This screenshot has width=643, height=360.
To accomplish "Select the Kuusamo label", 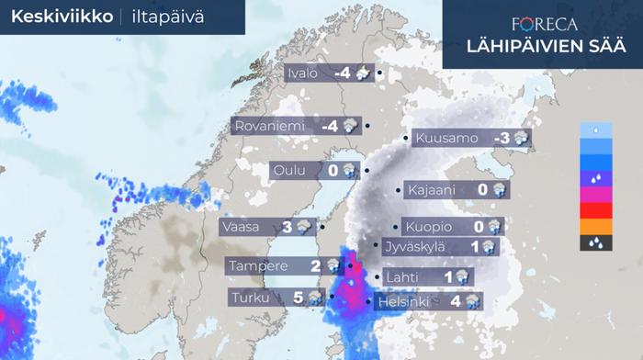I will click(446, 140).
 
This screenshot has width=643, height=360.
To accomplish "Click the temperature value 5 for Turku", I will click(298, 298).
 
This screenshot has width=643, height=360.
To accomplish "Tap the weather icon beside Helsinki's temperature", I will click(474, 301).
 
